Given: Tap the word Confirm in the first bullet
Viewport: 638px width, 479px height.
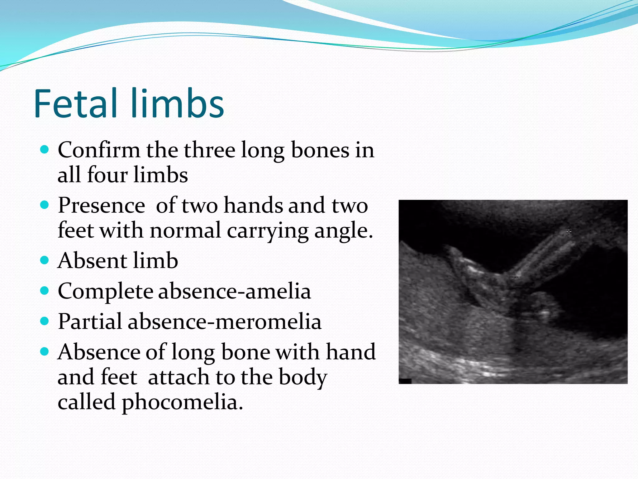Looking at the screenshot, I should tap(99, 150).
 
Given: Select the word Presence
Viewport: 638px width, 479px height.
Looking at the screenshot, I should tap(101, 206).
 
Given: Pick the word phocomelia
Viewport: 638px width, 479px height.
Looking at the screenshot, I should tap(182, 402).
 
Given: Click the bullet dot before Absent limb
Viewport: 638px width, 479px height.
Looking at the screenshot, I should tap(45, 260).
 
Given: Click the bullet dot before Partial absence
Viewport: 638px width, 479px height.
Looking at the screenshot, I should tap(45, 321).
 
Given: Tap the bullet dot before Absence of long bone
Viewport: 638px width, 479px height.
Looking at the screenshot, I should tap(45, 351).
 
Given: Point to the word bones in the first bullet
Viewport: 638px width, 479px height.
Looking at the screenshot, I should tap(320, 150).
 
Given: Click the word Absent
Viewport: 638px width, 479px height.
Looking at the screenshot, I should tap(92, 261).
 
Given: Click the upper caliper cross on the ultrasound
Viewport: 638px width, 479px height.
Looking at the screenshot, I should tap(569, 231).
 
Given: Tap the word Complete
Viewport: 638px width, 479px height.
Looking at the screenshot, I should tap(105, 291).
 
